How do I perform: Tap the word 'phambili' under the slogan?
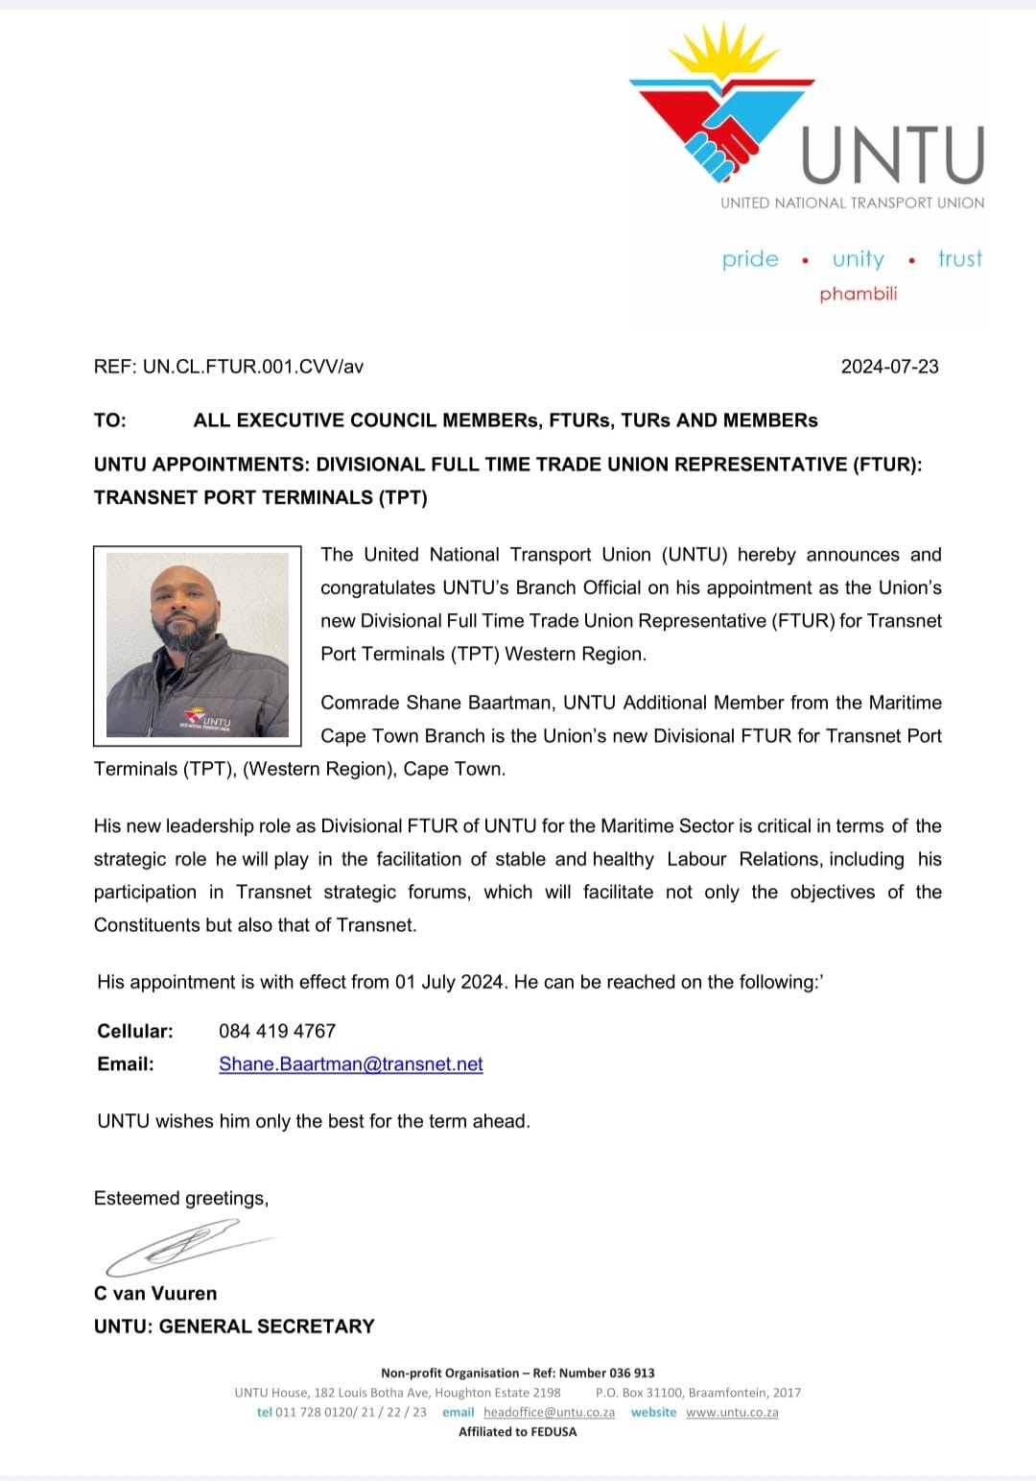point(858,294)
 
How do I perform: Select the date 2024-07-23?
point(889,367)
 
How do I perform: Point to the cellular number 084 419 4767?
point(277,1031)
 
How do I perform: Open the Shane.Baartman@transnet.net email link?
point(351,1063)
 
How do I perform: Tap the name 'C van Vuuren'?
point(155,1293)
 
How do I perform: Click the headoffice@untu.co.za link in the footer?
point(549,1412)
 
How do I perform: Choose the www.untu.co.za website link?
point(732,1412)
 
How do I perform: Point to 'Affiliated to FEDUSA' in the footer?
point(518,1431)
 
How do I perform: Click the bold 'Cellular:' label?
point(135,1031)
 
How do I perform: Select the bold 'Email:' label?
point(126,1063)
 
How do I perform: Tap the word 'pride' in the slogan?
point(750,259)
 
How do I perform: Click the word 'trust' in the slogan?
point(960,259)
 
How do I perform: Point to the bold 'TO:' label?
point(110,420)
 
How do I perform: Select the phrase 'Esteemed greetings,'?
point(181,1198)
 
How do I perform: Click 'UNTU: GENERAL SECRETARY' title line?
point(234,1326)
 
